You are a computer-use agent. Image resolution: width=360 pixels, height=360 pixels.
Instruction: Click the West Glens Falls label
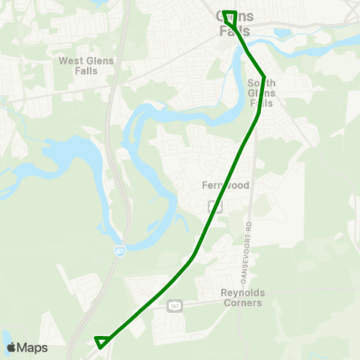coord(83,65)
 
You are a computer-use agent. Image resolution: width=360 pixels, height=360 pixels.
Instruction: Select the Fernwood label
coord(220,184)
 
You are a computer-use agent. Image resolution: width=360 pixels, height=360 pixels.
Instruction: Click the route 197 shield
coord(175,305)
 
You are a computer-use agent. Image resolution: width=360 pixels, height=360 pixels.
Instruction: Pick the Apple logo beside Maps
coord(11,347)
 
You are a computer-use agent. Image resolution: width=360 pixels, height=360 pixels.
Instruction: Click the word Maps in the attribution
coord(33,347)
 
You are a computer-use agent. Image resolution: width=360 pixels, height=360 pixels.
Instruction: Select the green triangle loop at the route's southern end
coord(101,342)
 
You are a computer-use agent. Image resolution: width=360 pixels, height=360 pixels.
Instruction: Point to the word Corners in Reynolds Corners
coord(241,303)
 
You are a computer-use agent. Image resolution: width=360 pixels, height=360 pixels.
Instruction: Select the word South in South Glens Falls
coord(262,82)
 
